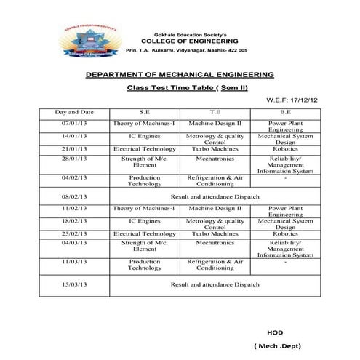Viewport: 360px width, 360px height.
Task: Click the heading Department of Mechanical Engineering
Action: tap(180, 75)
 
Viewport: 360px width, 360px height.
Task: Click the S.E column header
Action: tap(143, 113)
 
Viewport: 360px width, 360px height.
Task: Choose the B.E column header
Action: tap(285, 113)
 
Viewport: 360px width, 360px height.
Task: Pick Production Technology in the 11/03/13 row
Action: tap(144, 264)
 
